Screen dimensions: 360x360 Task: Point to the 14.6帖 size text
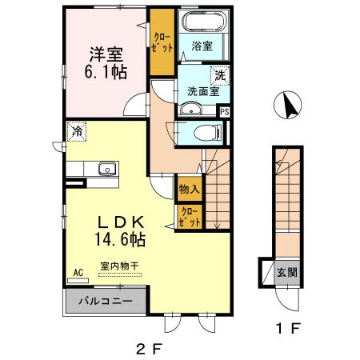(121, 239)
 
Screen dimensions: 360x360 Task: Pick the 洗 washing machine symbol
(218, 76)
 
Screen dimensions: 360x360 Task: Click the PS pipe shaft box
(225, 112)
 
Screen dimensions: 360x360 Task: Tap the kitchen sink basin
(104, 169)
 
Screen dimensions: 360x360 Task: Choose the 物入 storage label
(189, 190)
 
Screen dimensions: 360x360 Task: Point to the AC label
(78, 272)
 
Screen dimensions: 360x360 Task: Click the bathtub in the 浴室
(201, 22)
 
